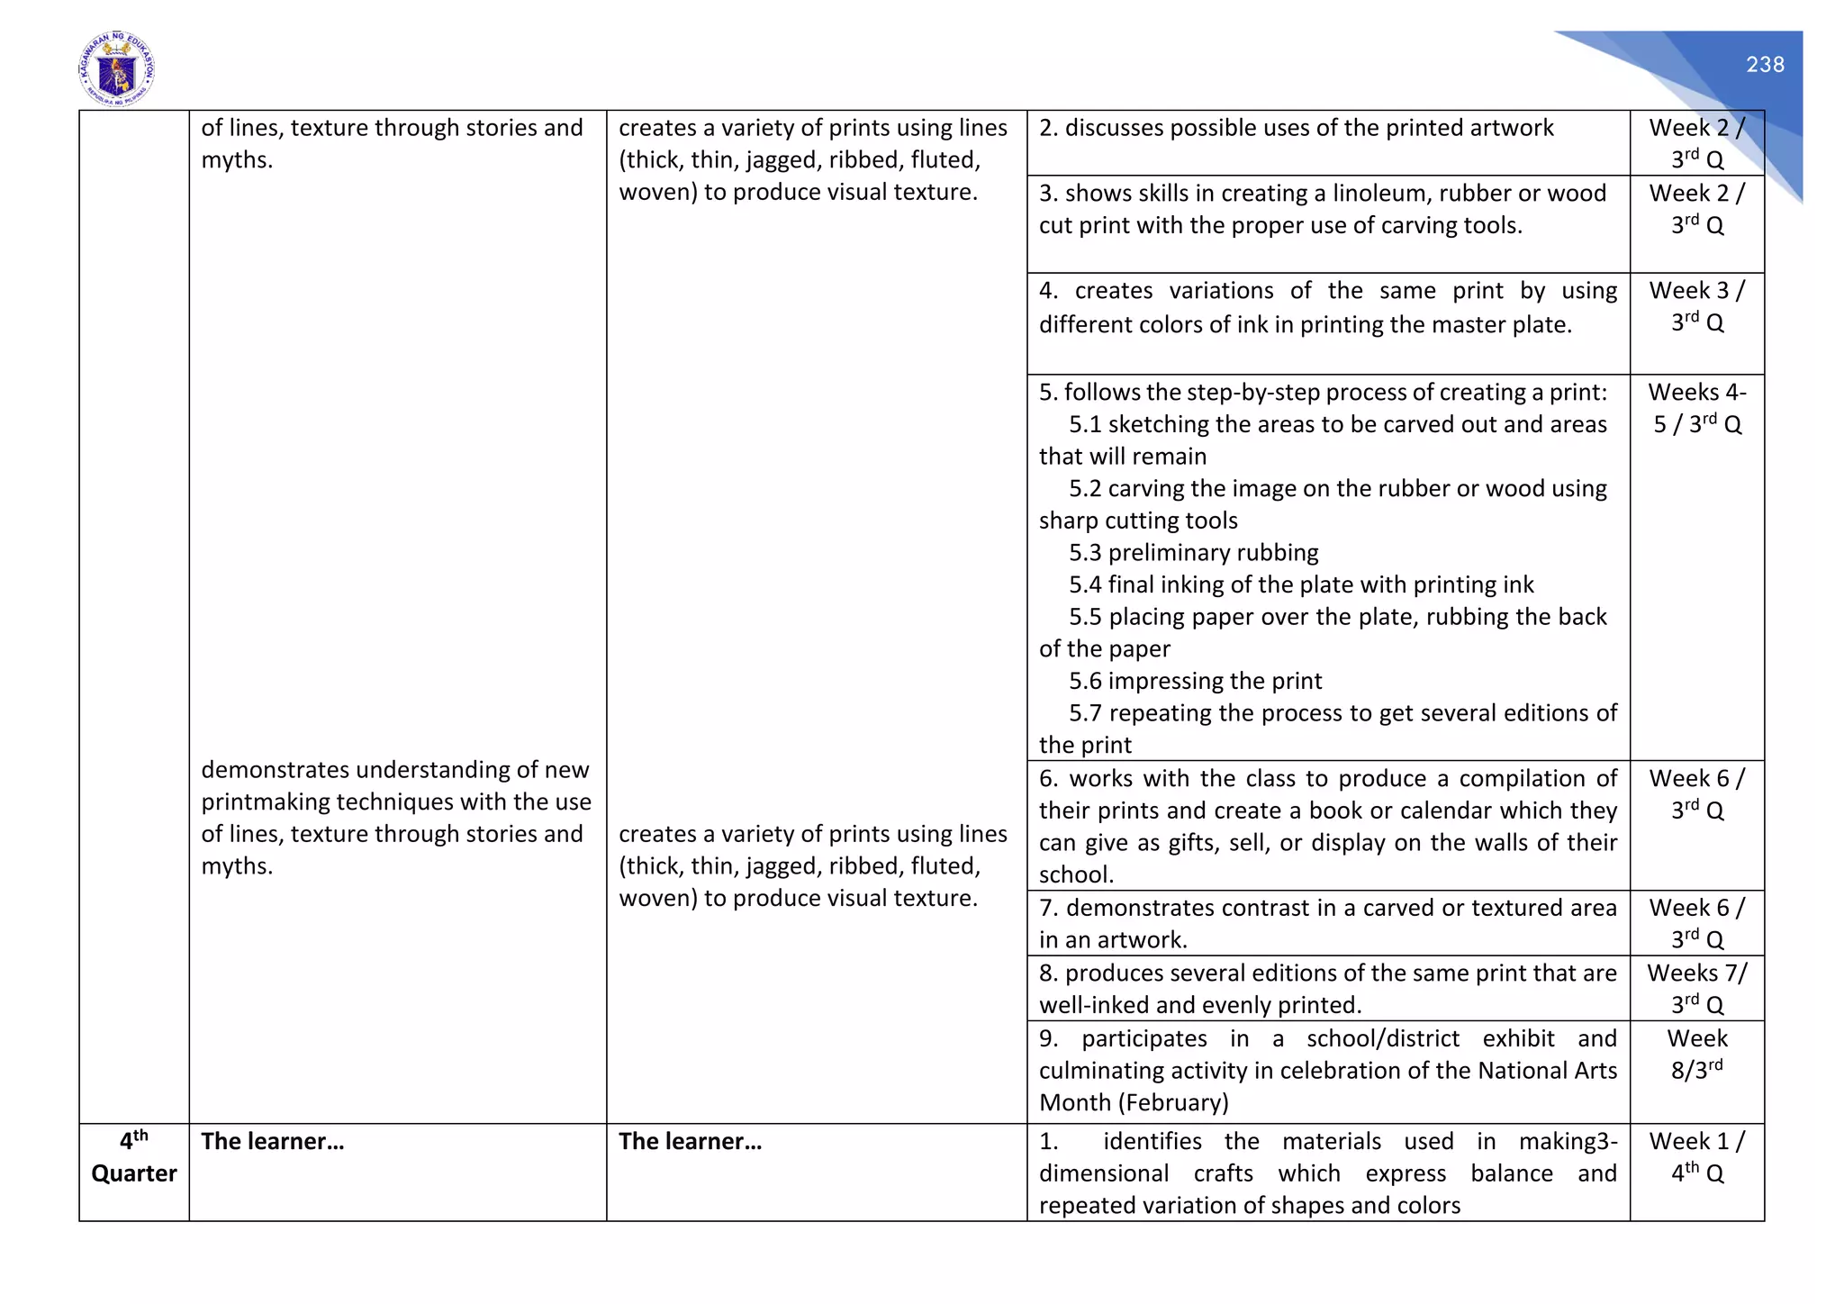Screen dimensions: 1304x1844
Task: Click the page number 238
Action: tap(1764, 65)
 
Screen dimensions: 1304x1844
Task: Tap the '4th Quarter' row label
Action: tap(134, 1157)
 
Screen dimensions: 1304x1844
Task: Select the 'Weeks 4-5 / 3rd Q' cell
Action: tap(1696, 408)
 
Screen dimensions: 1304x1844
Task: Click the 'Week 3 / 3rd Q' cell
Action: tap(1696, 306)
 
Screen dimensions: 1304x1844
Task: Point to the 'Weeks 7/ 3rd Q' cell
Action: tap(1696, 988)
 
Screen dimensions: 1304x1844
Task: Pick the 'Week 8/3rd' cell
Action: tap(1696, 1054)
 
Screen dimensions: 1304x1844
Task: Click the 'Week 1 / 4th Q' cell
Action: tap(1696, 1157)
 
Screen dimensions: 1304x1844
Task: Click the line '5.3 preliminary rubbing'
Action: tap(1193, 553)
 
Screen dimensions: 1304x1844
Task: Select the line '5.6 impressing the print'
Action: tap(1195, 681)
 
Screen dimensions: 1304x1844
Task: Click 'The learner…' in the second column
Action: tap(272, 1142)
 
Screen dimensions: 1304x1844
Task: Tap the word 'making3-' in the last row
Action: tap(1568, 1142)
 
